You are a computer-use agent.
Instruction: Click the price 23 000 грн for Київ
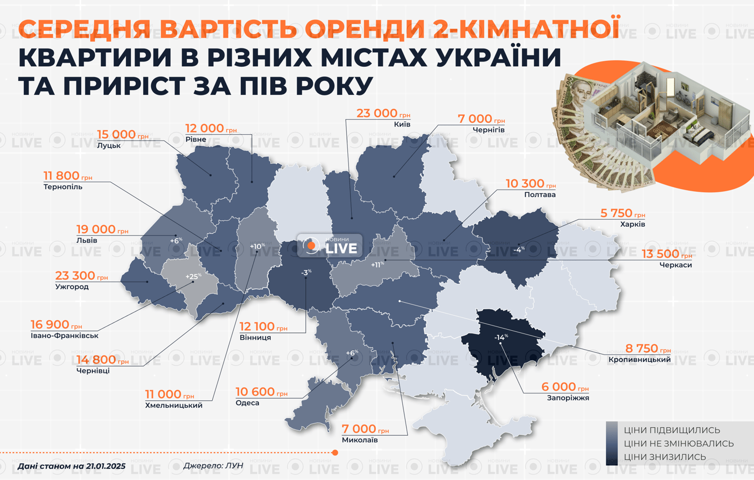pos(383,114)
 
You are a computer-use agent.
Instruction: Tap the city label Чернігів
pos(488,130)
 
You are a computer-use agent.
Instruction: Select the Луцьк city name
pos(109,145)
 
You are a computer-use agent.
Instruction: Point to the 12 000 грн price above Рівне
pos(211,129)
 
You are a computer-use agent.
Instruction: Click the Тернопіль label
pos(63,187)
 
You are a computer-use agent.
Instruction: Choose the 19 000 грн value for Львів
pos(102,229)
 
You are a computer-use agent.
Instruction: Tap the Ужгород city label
pos(72,287)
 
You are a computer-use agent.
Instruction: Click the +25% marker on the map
pos(193,277)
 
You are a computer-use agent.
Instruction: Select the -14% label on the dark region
pos(501,338)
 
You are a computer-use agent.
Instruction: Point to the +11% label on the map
pos(378,265)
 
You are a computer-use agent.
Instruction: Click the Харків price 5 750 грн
pos(623,213)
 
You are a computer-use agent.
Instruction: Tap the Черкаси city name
pos(675,265)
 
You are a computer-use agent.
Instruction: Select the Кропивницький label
pos(639,360)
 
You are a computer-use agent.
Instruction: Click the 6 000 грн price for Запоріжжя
pos(565,387)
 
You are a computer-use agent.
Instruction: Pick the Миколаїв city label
pos(360,440)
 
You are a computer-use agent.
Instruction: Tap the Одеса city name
pos(247,403)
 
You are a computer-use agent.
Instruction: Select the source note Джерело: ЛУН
pos(213,465)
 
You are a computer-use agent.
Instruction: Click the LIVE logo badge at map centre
pos(330,246)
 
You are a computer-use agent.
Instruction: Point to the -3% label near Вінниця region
pos(306,273)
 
